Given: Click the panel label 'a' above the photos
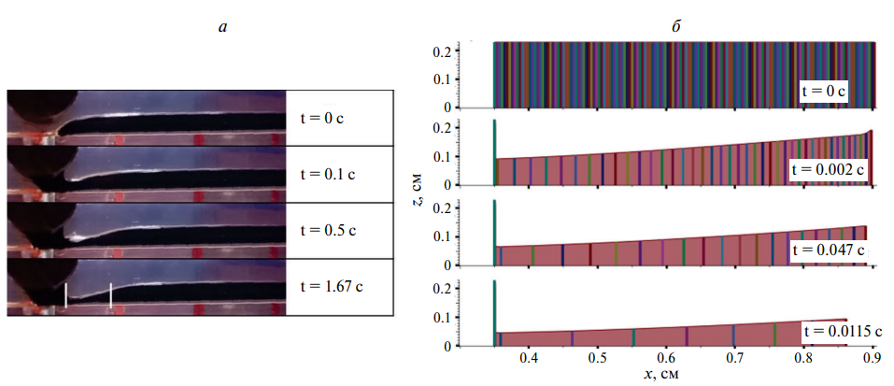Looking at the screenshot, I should click(x=221, y=26).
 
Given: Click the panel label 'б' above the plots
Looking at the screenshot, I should click(x=675, y=26).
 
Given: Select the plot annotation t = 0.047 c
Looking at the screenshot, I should click(x=830, y=250).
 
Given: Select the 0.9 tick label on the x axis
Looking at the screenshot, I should click(x=873, y=358).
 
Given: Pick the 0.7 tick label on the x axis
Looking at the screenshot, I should click(x=735, y=358).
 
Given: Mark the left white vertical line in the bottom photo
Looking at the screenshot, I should click(x=65, y=296).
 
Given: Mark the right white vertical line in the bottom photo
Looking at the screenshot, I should click(x=111, y=294).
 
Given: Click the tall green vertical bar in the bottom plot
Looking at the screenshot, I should click(x=494, y=318).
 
